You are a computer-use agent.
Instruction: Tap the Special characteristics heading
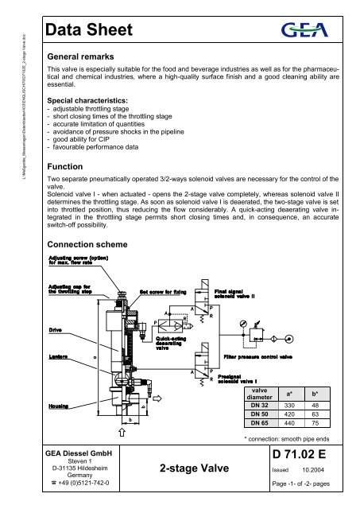94,102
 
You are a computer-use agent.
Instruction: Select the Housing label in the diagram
59,404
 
